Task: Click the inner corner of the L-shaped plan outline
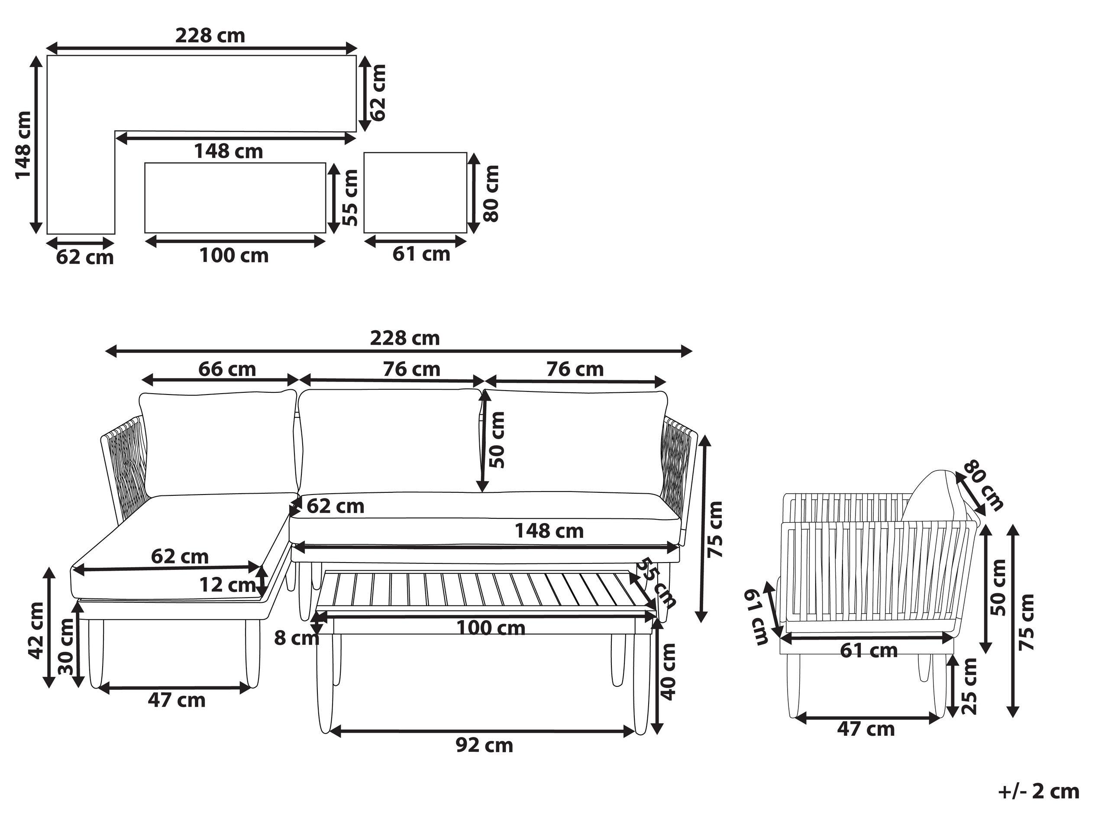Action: (115, 132)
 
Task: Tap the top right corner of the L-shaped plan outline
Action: (356, 55)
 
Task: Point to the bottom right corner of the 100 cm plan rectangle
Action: (326, 233)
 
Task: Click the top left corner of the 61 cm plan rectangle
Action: (364, 153)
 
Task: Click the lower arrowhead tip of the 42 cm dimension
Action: (49, 688)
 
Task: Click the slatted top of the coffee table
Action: (486, 591)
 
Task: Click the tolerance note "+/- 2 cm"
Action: (1038, 792)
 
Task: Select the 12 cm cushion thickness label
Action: (228, 584)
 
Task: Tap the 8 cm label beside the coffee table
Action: (297, 638)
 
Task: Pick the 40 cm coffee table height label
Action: (668, 672)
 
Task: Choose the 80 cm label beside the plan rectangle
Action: (491, 193)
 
